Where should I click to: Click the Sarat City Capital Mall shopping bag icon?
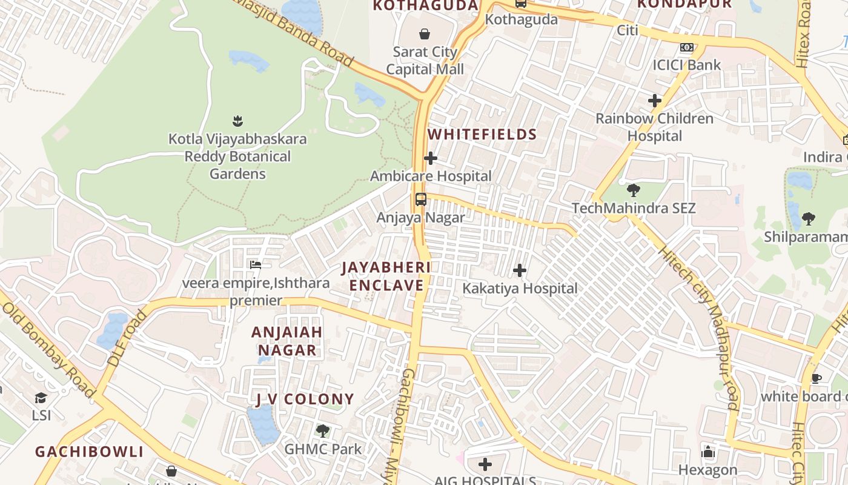coord(425,34)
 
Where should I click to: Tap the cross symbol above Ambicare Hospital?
coord(431,158)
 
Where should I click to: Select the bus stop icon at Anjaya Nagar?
coord(421,199)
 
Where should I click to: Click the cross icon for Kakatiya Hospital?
coord(520,270)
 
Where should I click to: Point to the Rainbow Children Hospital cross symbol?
coord(655,101)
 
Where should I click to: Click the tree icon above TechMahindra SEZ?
coord(633,190)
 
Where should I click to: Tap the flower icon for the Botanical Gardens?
coord(237,121)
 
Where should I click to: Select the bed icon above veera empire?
coord(256,265)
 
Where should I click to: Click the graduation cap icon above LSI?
coord(41,398)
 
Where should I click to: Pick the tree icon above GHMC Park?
coord(323,431)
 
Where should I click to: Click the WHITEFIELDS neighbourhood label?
coord(483,135)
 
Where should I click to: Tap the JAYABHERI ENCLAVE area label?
coord(386,276)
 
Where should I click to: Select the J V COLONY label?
coord(305,399)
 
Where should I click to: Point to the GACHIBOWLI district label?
coord(89,452)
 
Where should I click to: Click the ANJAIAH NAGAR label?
coord(287,341)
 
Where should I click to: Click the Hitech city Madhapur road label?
coord(698,327)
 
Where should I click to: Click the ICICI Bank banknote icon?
coord(686,47)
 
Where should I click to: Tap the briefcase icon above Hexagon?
coord(707,452)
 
